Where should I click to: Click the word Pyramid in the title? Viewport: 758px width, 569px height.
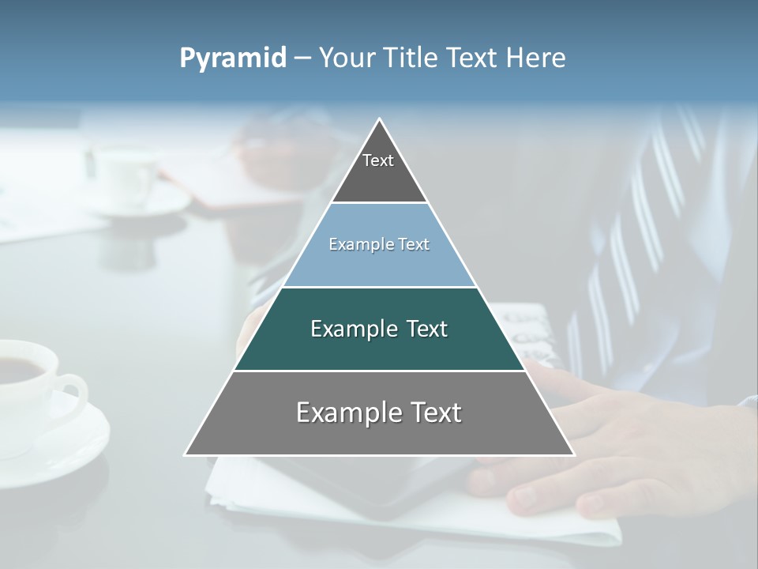(232, 58)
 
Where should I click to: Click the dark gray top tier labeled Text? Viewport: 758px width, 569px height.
(379, 170)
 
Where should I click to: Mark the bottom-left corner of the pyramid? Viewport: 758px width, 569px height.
(186, 454)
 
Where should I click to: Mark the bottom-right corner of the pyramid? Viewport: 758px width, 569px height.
(573, 454)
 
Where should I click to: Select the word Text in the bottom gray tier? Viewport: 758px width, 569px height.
(429, 413)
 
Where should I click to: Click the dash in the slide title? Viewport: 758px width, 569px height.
(302, 58)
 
